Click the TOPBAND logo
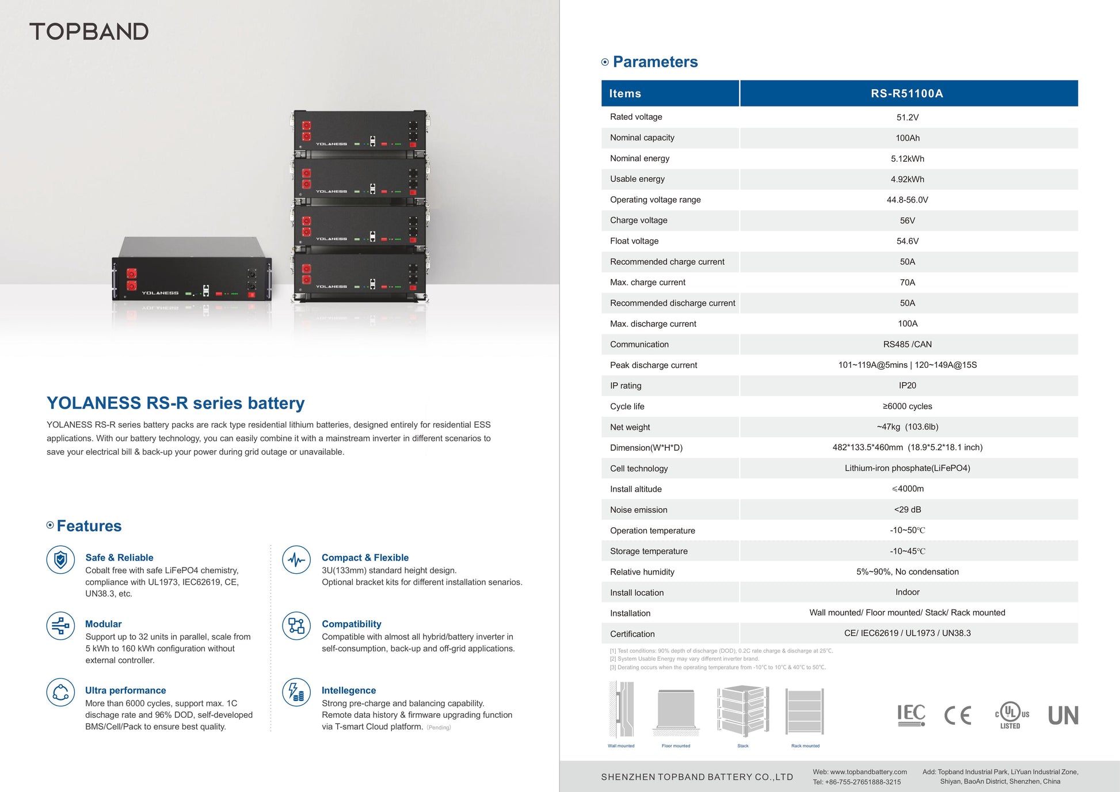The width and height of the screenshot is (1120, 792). (89, 32)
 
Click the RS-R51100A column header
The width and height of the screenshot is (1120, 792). (907, 93)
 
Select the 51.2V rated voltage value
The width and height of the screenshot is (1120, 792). (907, 117)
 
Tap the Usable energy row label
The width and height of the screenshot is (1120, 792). (637, 179)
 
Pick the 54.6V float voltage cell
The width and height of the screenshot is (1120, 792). (907, 241)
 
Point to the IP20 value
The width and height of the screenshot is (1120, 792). (907, 386)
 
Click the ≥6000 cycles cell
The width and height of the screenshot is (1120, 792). (907, 406)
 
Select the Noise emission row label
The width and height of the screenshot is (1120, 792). (638, 510)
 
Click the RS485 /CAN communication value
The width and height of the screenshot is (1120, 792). (907, 344)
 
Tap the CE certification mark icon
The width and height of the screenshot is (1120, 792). (958, 715)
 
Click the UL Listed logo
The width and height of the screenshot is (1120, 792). (1011, 715)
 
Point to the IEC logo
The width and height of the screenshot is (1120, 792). (911, 715)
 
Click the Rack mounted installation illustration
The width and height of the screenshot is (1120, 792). (805, 711)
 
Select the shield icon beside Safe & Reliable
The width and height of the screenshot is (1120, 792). (60, 559)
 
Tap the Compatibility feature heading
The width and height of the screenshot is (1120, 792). (351, 624)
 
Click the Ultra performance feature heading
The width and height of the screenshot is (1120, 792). (125, 690)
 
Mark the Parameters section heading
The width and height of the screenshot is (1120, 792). (655, 62)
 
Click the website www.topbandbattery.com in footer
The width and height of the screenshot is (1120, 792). (859, 772)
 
